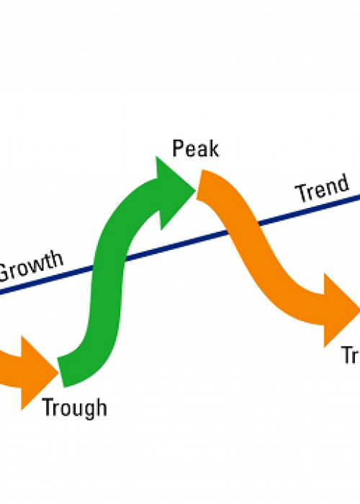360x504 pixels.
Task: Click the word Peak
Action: click(195, 150)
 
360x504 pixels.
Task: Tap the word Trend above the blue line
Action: click(323, 188)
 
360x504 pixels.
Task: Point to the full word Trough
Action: click(74, 408)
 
